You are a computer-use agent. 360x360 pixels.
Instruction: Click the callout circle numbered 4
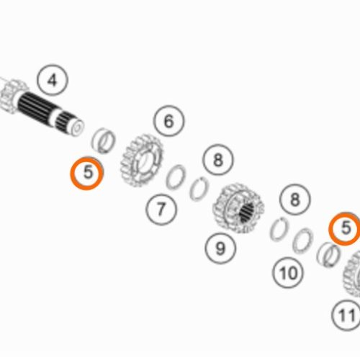(53, 80)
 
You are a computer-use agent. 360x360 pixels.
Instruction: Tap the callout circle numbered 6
(169, 121)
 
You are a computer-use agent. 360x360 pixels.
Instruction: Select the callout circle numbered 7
(161, 209)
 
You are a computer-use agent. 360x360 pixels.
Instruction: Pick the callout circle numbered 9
(220, 248)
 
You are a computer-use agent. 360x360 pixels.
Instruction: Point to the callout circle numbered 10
(288, 273)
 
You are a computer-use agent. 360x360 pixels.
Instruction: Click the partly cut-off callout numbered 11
(346, 315)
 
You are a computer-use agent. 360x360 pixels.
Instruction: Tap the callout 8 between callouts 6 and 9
(218, 160)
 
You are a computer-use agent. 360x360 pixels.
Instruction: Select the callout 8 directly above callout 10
(295, 199)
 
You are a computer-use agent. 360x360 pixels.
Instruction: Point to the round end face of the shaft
(77, 127)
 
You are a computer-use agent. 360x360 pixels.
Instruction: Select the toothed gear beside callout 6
(142, 161)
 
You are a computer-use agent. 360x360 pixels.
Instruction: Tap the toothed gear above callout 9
(238, 208)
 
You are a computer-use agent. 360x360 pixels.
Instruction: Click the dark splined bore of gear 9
(247, 212)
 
